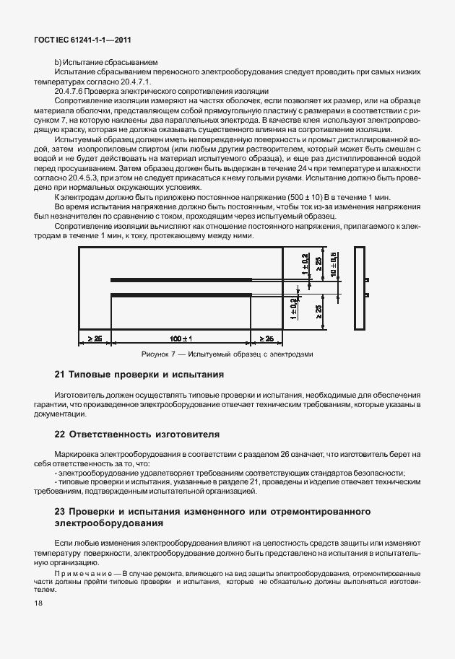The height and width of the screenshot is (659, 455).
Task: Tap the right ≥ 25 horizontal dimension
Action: (x=265, y=338)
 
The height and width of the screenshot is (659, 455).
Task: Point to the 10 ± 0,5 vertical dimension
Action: (x=334, y=265)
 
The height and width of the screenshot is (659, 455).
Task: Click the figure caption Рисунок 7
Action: (x=227, y=354)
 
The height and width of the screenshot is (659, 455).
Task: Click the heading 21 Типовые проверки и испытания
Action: (x=139, y=375)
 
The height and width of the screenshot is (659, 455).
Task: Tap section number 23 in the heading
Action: (x=61, y=511)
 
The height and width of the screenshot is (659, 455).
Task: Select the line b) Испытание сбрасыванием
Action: (x=96, y=64)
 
